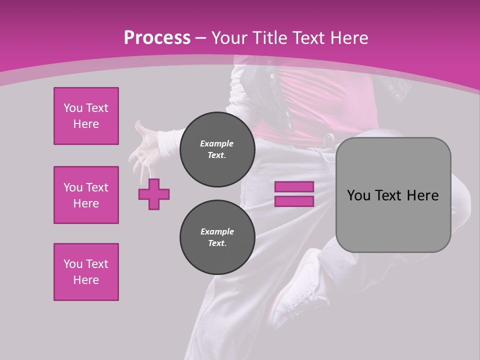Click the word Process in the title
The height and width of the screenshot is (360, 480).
(x=157, y=37)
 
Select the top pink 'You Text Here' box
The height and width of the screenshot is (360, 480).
(x=86, y=116)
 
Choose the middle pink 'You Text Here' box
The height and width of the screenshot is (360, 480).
(x=86, y=195)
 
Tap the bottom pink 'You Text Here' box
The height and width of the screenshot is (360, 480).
(x=86, y=272)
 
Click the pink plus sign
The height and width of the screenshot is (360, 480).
(x=154, y=194)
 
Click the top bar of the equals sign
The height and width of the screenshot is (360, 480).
(x=294, y=186)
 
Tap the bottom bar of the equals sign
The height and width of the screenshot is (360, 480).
(x=294, y=201)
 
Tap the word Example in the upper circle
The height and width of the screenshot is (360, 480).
(x=216, y=143)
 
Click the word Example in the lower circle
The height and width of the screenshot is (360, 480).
(x=217, y=231)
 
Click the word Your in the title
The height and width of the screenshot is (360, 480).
(x=227, y=37)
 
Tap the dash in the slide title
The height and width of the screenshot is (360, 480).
(x=200, y=37)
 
